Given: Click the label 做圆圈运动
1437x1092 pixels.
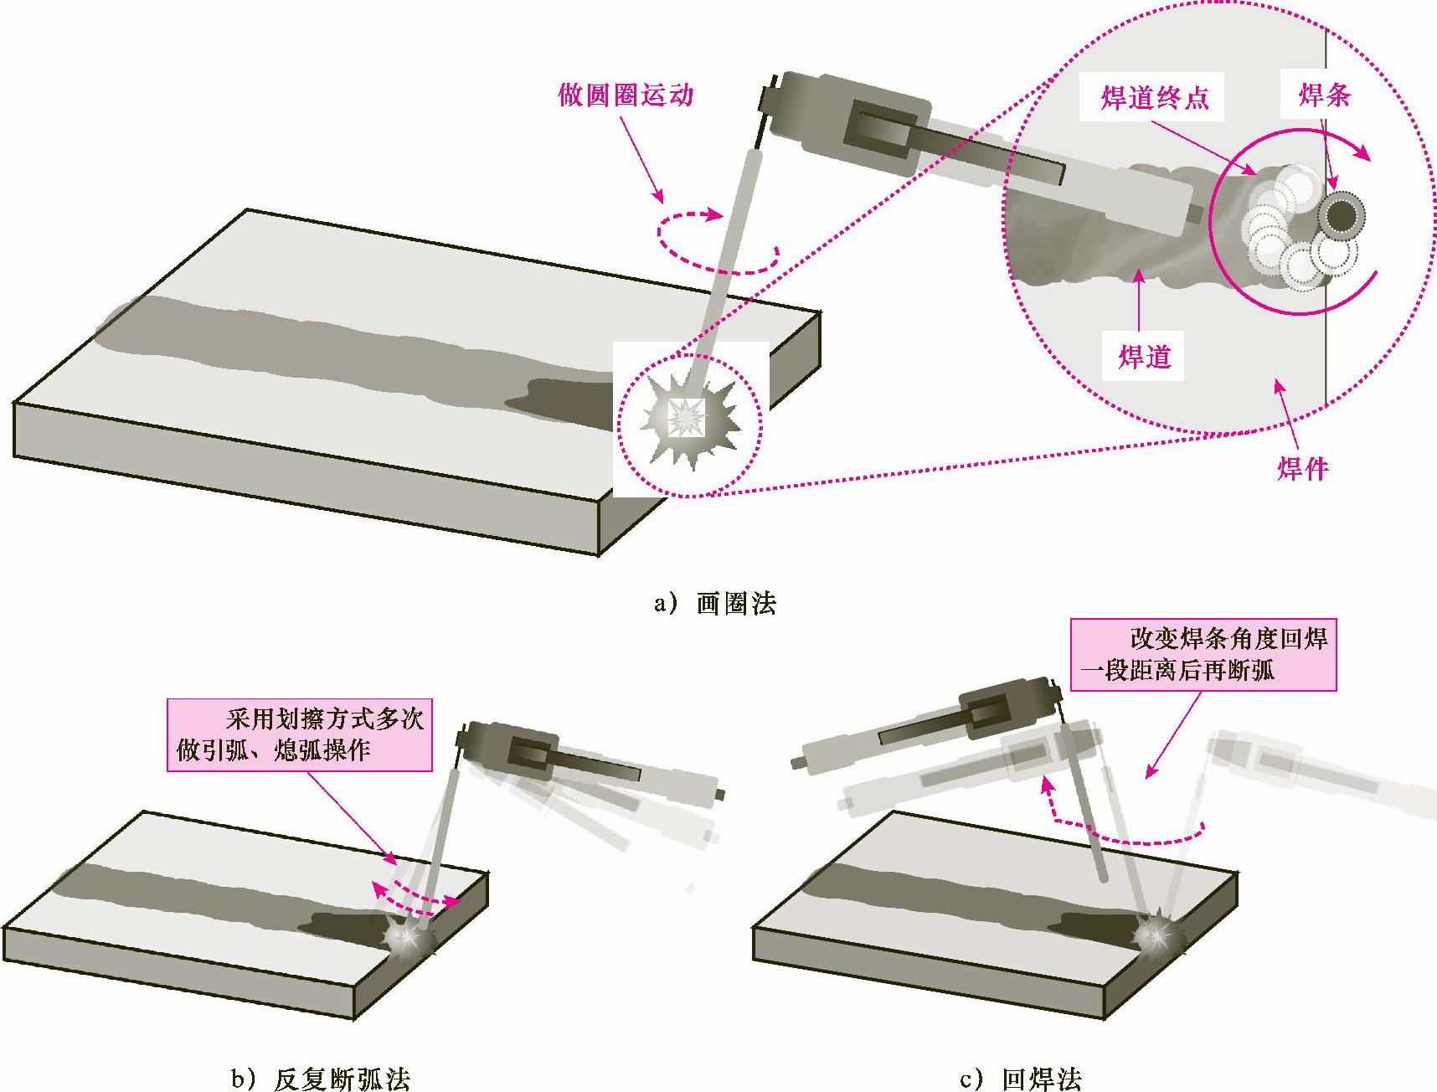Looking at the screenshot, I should click(626, 95).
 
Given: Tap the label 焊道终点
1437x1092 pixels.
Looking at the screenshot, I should click(1155, 99).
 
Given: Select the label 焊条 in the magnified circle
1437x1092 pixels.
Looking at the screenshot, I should click(1324, 95).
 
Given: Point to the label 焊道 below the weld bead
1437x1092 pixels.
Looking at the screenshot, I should click(1144, 357).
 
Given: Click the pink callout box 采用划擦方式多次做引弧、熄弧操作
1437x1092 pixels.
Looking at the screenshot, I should click(300, 734).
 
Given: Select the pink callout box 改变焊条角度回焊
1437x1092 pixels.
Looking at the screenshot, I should click(1203, 654).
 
